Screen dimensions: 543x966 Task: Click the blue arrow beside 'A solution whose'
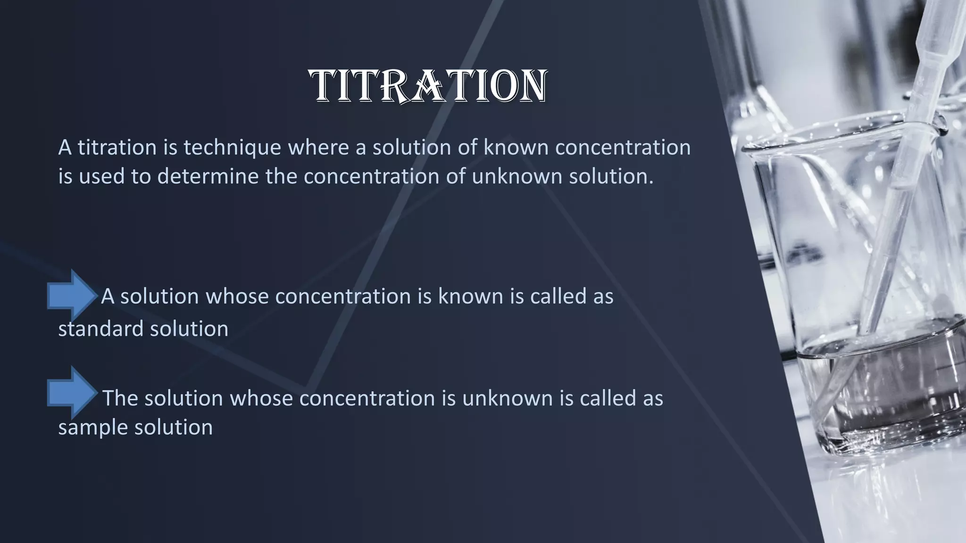click(x=72, y=296)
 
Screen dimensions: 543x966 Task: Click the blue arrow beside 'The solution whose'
click(x=72, y=393)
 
